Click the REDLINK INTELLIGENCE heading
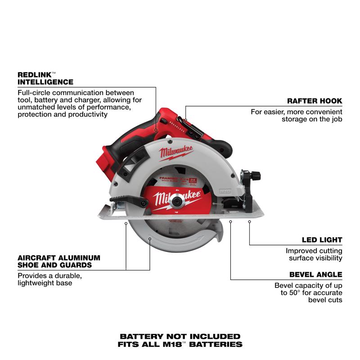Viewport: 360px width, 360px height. point(45,78)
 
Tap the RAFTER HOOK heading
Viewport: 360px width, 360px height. point(315,101)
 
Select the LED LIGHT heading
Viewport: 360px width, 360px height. point(322,240)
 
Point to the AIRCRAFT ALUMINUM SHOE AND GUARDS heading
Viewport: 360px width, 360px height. point(58,261)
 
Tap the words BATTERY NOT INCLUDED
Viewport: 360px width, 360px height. point(180,336)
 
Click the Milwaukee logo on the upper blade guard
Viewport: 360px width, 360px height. point(175,153)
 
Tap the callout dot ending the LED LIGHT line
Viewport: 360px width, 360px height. point(249,221)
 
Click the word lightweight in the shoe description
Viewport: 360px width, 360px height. point(37,283)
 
